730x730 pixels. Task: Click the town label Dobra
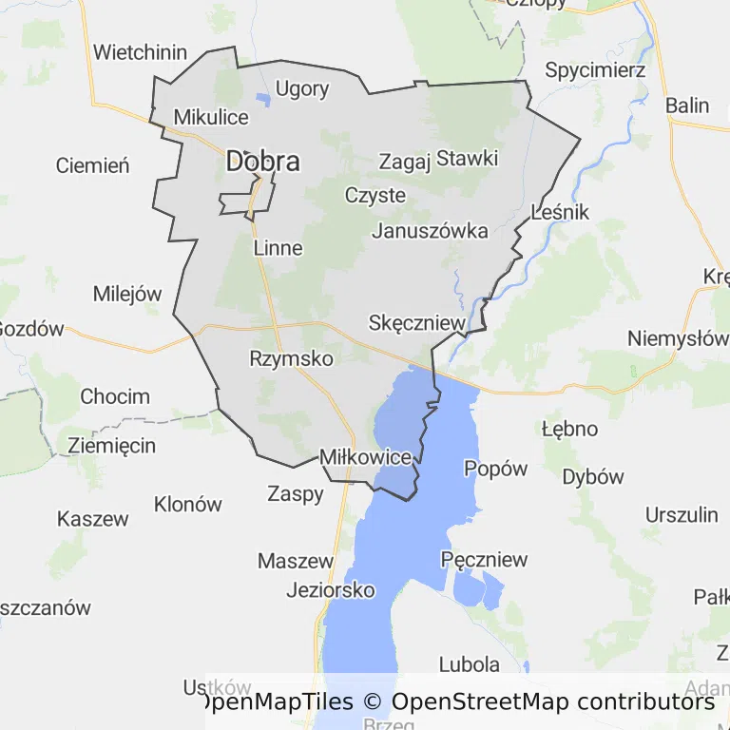(x=262, y=162)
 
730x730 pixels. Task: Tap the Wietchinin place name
(x=141, y=52)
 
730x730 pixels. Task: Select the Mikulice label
(x=211, y=118)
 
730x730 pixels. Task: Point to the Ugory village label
(x=302, y=89)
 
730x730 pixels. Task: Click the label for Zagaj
(x=405, y=161)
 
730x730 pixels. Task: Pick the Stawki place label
(x=467, y=158)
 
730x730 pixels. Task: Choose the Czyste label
(x=375, y=196)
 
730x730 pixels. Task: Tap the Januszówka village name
(x=431, y=231)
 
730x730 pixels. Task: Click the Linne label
(x=279, y=248)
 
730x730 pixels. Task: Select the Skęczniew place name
(x=417, y=323)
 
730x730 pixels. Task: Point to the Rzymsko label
(x=291, y=358)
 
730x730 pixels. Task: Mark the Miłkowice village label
(x=366, y=457)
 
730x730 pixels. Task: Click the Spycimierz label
(x=596, y=70)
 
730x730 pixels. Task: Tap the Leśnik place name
(x=561, y=212)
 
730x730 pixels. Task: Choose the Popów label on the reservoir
(x=495, y=468)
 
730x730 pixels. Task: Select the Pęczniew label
(x=485, y=560)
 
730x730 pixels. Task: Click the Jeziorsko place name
(x=331, y=590)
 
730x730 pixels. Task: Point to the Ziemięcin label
(x=111, y=445)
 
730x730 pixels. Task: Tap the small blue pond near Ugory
(x=263, y=99)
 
